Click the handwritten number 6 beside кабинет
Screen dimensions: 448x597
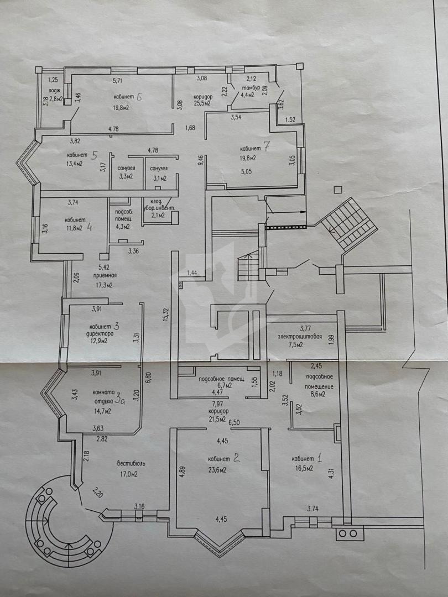139,97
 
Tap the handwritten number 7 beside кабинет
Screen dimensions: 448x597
266,146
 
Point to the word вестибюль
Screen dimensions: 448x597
131,464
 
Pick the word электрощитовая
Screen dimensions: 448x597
300,337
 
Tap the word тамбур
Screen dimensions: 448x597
249,88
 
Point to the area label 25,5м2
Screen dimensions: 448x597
202,103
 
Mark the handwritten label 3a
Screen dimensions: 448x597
121,400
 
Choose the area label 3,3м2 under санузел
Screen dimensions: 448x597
126,176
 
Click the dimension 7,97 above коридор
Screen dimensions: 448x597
217,404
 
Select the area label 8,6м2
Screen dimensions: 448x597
317,395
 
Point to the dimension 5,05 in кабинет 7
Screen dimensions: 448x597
247,172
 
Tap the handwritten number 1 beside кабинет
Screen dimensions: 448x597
319,458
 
